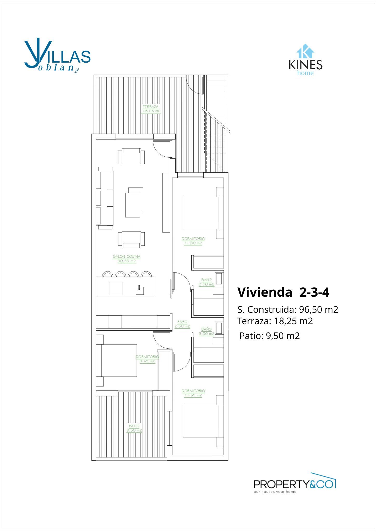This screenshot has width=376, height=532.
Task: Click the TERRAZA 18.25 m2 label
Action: click(151, 109)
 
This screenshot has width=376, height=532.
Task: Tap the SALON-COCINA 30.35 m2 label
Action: click(126, 259)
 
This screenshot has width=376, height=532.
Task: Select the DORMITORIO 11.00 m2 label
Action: click(193, 241)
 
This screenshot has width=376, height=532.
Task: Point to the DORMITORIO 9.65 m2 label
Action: click(147, 359)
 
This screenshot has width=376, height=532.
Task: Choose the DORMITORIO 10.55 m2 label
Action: click(193, 393)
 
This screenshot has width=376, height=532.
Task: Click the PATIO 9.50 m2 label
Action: click(134, 428)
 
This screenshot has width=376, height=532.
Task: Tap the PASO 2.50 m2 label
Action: click(182, 324)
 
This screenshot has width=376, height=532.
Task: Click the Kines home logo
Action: click(306, 59)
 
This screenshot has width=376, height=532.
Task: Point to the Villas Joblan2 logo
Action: click(57, 56)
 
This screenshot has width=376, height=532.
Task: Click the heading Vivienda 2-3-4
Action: click(283, 292)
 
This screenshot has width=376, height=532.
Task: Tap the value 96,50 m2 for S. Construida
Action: click(319, 309)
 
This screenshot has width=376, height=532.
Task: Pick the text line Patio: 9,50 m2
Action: click(270, 336)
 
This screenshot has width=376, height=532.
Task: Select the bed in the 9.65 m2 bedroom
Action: click(119, 361)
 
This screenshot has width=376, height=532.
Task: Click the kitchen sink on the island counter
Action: click(140, 290)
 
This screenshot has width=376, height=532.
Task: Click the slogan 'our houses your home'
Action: click(275, 491)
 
